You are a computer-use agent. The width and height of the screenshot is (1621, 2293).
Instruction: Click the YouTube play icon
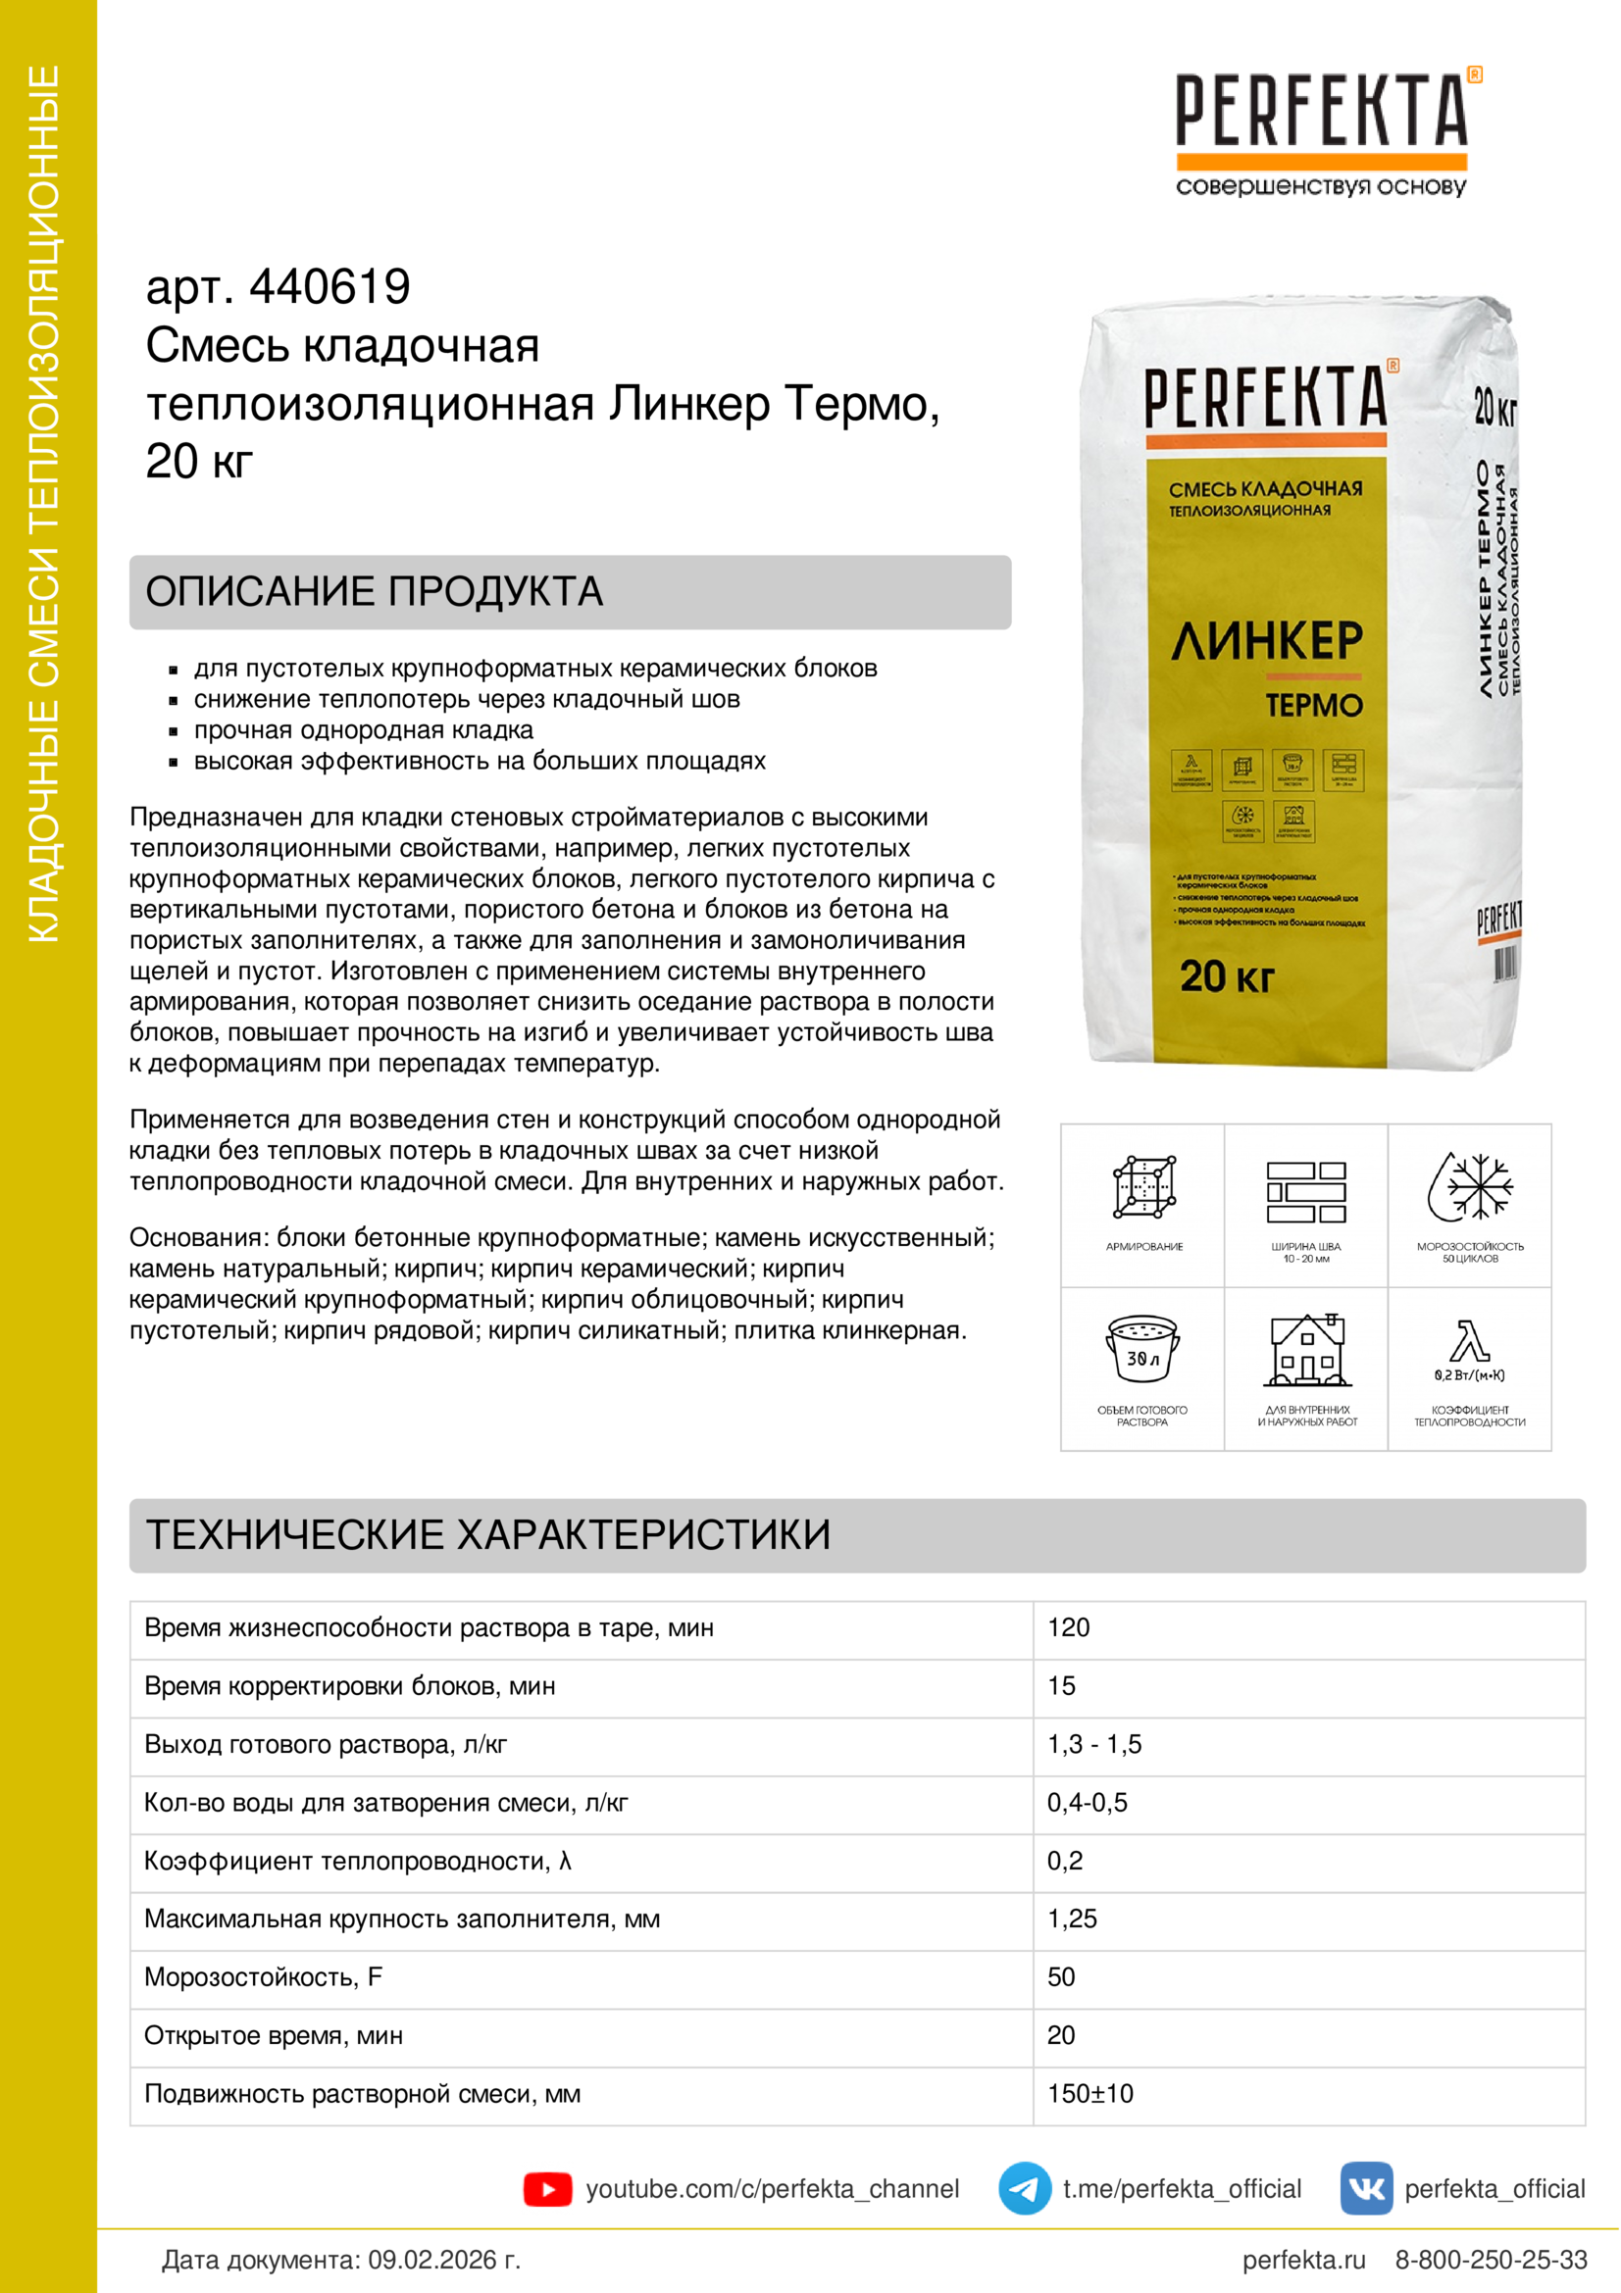pyautogui.click(x=547, y=2189)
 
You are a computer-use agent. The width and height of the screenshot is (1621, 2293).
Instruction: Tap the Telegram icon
pyautogui.click(x=1024, y=2188)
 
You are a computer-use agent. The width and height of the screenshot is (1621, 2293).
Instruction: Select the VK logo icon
pyautogui.click(x=1365, y=2188)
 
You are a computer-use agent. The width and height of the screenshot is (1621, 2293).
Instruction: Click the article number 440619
pyautogui.click(x=329, y=286)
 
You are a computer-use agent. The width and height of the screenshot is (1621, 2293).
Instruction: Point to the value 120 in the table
pyautogui.click(x=1068, y=1627)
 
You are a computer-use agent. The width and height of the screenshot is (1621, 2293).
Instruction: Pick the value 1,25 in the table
pyautogui.click(x=1072, y=1919)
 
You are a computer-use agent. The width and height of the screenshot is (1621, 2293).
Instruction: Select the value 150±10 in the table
pyautogui.click(x=1089, y=2093)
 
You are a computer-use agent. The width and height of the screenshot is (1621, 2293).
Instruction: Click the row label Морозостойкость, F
pyautogui.click(x=264, y=1976)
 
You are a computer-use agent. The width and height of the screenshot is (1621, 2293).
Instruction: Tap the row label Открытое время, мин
pyautogui.click(x=274, y=2035)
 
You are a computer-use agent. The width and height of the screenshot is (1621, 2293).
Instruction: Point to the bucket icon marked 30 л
pyautogui.click(x=1142, y=1348)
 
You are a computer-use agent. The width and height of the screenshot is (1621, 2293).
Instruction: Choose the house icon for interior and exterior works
pyautogui.click(x=1306, y=1350)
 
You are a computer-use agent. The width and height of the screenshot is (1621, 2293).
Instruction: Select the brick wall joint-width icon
pyautogui.click(x=1305, y=1191)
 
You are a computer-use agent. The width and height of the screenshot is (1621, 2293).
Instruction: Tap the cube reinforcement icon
pyautogui.click(x=1143, y=1186)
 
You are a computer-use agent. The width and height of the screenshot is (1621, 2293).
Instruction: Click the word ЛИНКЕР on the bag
pyautogui.click(x=1266, y=640)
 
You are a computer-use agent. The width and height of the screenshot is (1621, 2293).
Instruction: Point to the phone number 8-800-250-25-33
pyautogui.click(x=1491, y=2260)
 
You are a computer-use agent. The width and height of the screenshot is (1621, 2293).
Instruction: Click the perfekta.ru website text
pyautogui.click(x=1303, y=2260)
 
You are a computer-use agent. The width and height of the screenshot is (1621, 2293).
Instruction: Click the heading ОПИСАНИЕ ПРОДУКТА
pyautogui.click(x=375, y=591)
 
